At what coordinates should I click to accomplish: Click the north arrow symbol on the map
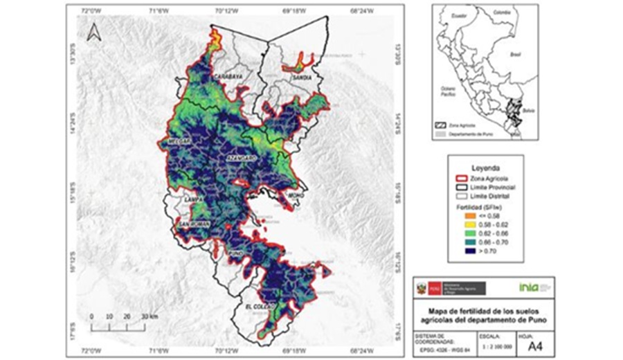[x=93, y=33]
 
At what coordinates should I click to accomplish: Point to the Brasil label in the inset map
[x=514, y=53]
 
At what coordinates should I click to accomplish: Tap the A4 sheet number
[x=536, y=345]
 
